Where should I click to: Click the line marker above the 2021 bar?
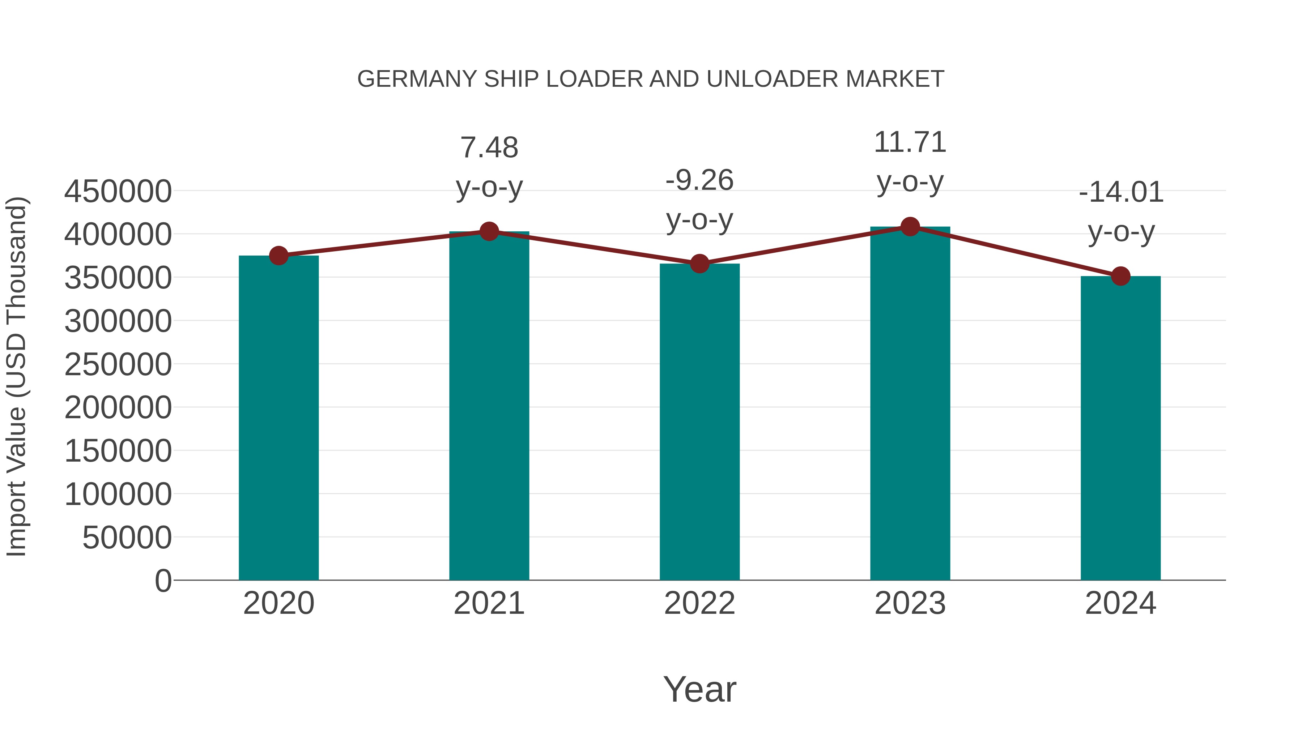pyautogui.click(x=489, y=231)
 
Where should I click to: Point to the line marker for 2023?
pyautogui.click(x=910, y=227)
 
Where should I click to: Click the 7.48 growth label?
pyautogui.click(x=489, y=147)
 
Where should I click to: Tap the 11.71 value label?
pyautogui.click(x=910, y=142)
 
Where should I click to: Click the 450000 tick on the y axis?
pyautogui.click(x=118, y=192)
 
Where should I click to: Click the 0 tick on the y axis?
pyautogui.click(x=163, y=581)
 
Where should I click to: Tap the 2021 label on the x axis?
pyautogui.click(x=489, y=603)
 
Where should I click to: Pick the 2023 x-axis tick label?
pyautogui.click(x=910, y=603)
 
